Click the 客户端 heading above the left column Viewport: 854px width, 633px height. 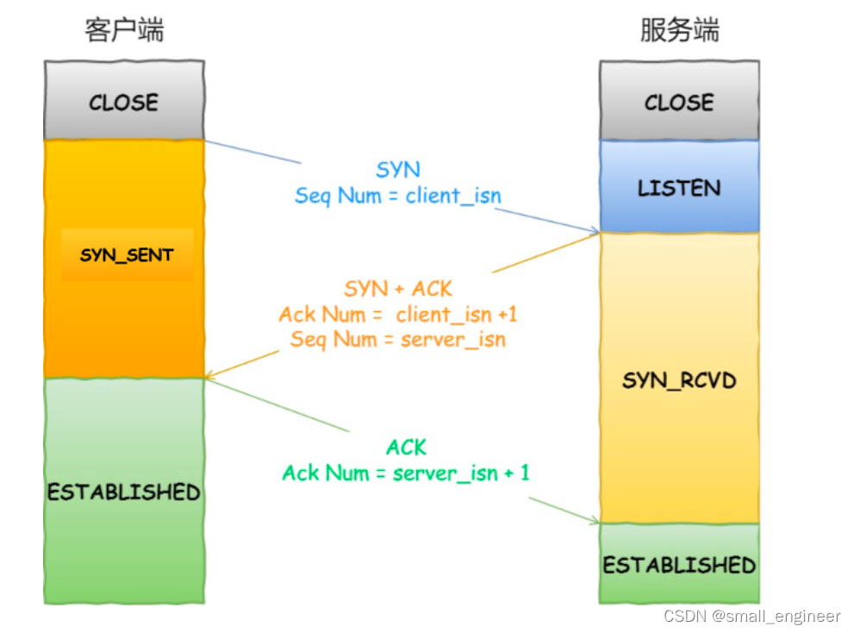click(x=124, y=30)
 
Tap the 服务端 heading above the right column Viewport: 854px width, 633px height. click(x=679, y=30)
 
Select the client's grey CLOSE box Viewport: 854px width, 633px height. click(x=124, y=102)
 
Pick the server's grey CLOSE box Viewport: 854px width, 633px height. click(x=679, y=102)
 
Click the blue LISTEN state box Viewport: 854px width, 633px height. click(x=679, y=187)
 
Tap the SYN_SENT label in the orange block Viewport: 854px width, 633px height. click(x=127, y=255)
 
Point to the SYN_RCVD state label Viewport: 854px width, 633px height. click(x=679, y=379)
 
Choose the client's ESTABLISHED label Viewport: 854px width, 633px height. click(x=124, y=492)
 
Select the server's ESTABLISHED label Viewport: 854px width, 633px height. click(x=679, y=566)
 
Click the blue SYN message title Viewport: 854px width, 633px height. click(x=398, y=170)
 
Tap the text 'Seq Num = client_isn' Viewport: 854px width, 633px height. click(x=398, y=196)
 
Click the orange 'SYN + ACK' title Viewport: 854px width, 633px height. click(x=398, y=288)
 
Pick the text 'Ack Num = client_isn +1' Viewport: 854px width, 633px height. click(x=398, y=314)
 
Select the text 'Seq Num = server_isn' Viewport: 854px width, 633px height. click(x=398, y=339)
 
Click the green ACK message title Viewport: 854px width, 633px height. click(x=406, y=448)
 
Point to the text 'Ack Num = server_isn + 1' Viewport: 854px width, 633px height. click(x=406, y=473)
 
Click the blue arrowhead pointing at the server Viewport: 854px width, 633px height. click(x=594, y=231)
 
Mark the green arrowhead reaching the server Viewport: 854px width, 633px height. click(x=594, y=521)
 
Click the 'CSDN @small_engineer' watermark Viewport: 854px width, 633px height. click(x=751, y=616)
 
